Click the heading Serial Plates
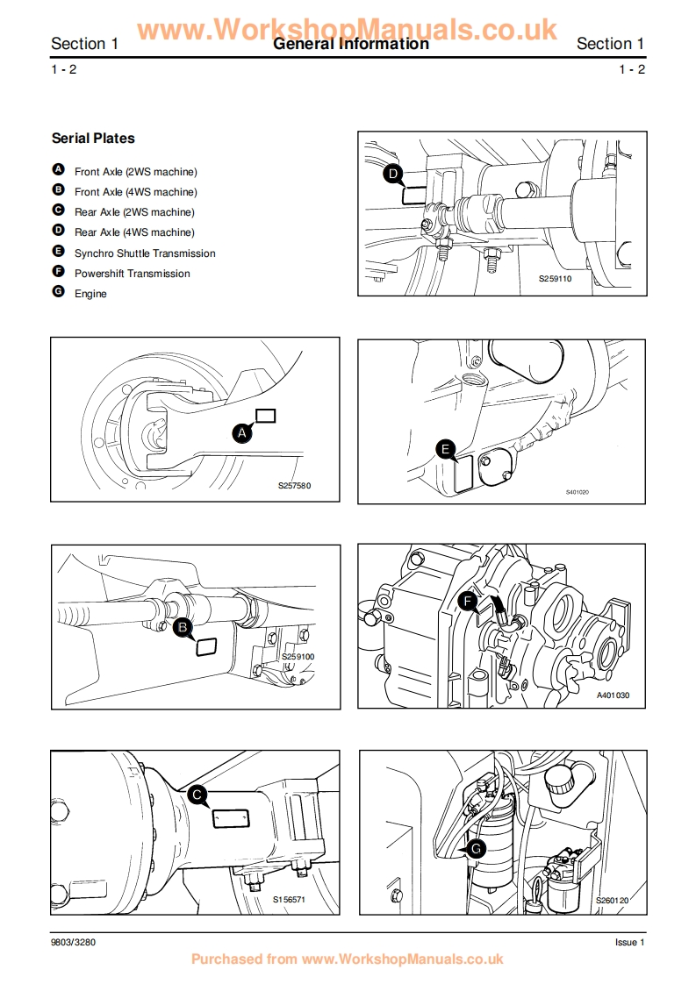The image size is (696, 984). [x=93, y=139]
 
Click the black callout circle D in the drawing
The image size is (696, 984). [x=394, y=175]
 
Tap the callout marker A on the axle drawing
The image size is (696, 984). [x=242, y=431]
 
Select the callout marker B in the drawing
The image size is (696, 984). [x=183, y=627]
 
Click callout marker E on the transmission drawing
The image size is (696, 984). [x=446, y=451]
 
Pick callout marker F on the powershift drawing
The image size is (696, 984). [x=468, y=602]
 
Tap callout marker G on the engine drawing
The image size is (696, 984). [x=476, y=849]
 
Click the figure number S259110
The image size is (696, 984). [x=555, y=278]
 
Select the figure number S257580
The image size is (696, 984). [x=294, y=486]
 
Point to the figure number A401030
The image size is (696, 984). [x=613, y=695]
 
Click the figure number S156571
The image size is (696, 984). [x=288, y=900]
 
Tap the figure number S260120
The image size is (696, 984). [x=613, y=900]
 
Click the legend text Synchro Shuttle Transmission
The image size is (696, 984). [x=145, y=253]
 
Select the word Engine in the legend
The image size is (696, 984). [x=90, y=294]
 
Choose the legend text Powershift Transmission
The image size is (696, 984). [x=132, y=274]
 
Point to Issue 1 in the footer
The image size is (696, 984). [x=629, y=942]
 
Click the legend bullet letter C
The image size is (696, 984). [x=59, y=210]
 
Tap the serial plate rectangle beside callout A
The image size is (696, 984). [x=265, y=416]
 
